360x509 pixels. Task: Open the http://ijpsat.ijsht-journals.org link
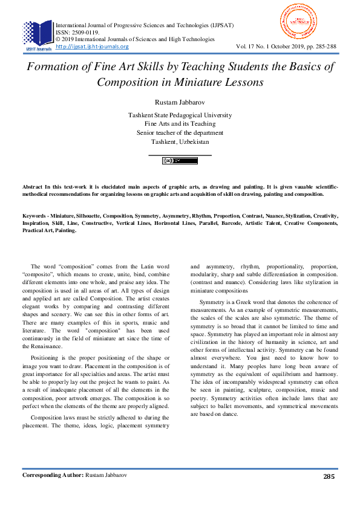(x=92, y=47)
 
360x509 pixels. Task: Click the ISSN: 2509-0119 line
(x=77, y=33)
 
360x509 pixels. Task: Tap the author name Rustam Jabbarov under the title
(x=180, y=100)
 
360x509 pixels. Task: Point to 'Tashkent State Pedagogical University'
(x=180, y=115)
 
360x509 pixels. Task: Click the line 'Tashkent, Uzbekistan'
(x=180, y=141)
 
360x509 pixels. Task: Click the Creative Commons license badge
(x=180, y=161)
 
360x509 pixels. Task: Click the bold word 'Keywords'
(x=37, y=215)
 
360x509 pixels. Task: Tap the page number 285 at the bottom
(x=329, y=493)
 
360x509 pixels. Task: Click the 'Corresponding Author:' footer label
(x=51, y=493)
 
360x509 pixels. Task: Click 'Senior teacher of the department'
(x=180, y=132)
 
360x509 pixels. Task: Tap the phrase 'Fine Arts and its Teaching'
(x=180, y=123)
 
